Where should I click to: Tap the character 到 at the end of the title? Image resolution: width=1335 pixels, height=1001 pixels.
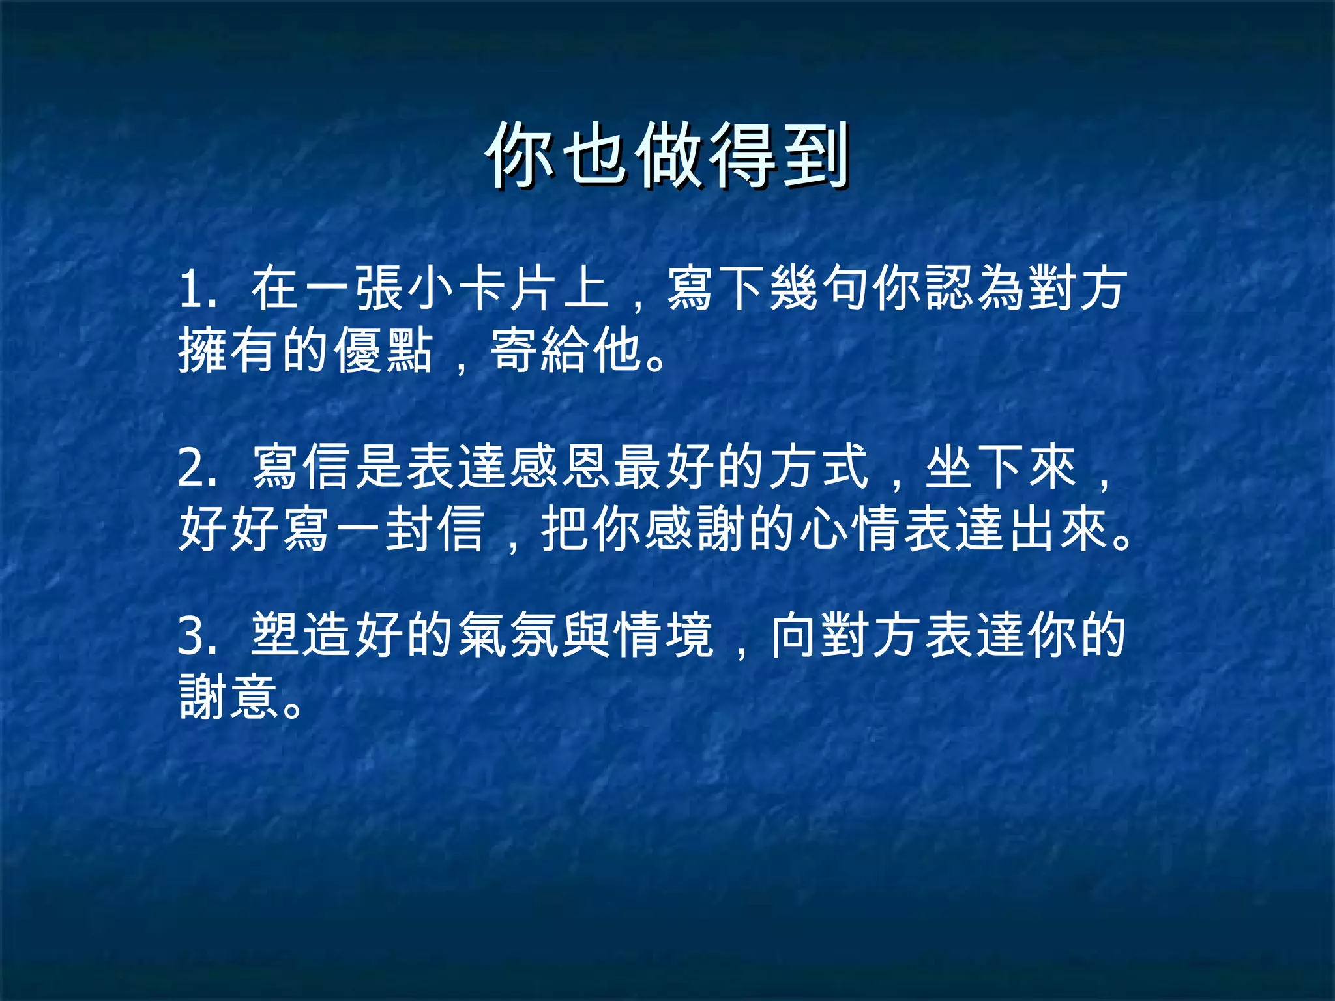[815, 155]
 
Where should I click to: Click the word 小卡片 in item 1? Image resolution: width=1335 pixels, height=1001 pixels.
[482, 289]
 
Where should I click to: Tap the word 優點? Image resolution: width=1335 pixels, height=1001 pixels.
[385, 350]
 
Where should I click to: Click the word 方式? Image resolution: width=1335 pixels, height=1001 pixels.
[819, 467]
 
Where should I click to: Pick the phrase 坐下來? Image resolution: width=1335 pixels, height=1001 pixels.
[1000, 467]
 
